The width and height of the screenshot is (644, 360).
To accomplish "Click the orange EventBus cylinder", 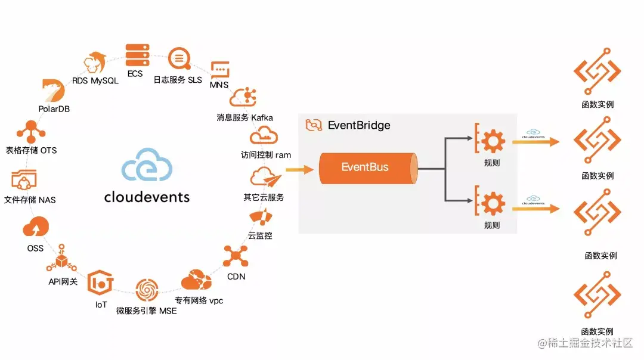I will click(366, 167).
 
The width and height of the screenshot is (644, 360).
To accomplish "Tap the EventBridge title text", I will click(359, 125).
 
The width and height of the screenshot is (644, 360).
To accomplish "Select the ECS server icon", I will click(138, 55).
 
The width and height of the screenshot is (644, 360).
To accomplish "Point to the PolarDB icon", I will click(54, 91).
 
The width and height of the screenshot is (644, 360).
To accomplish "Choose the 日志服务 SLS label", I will click(178, 80).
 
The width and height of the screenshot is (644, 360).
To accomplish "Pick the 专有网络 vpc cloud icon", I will click(197, 281).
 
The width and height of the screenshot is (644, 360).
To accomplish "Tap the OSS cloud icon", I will click(35, 228).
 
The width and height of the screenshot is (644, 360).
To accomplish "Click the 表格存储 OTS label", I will click(31, 150).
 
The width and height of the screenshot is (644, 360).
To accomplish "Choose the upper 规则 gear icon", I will click(492, 141).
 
